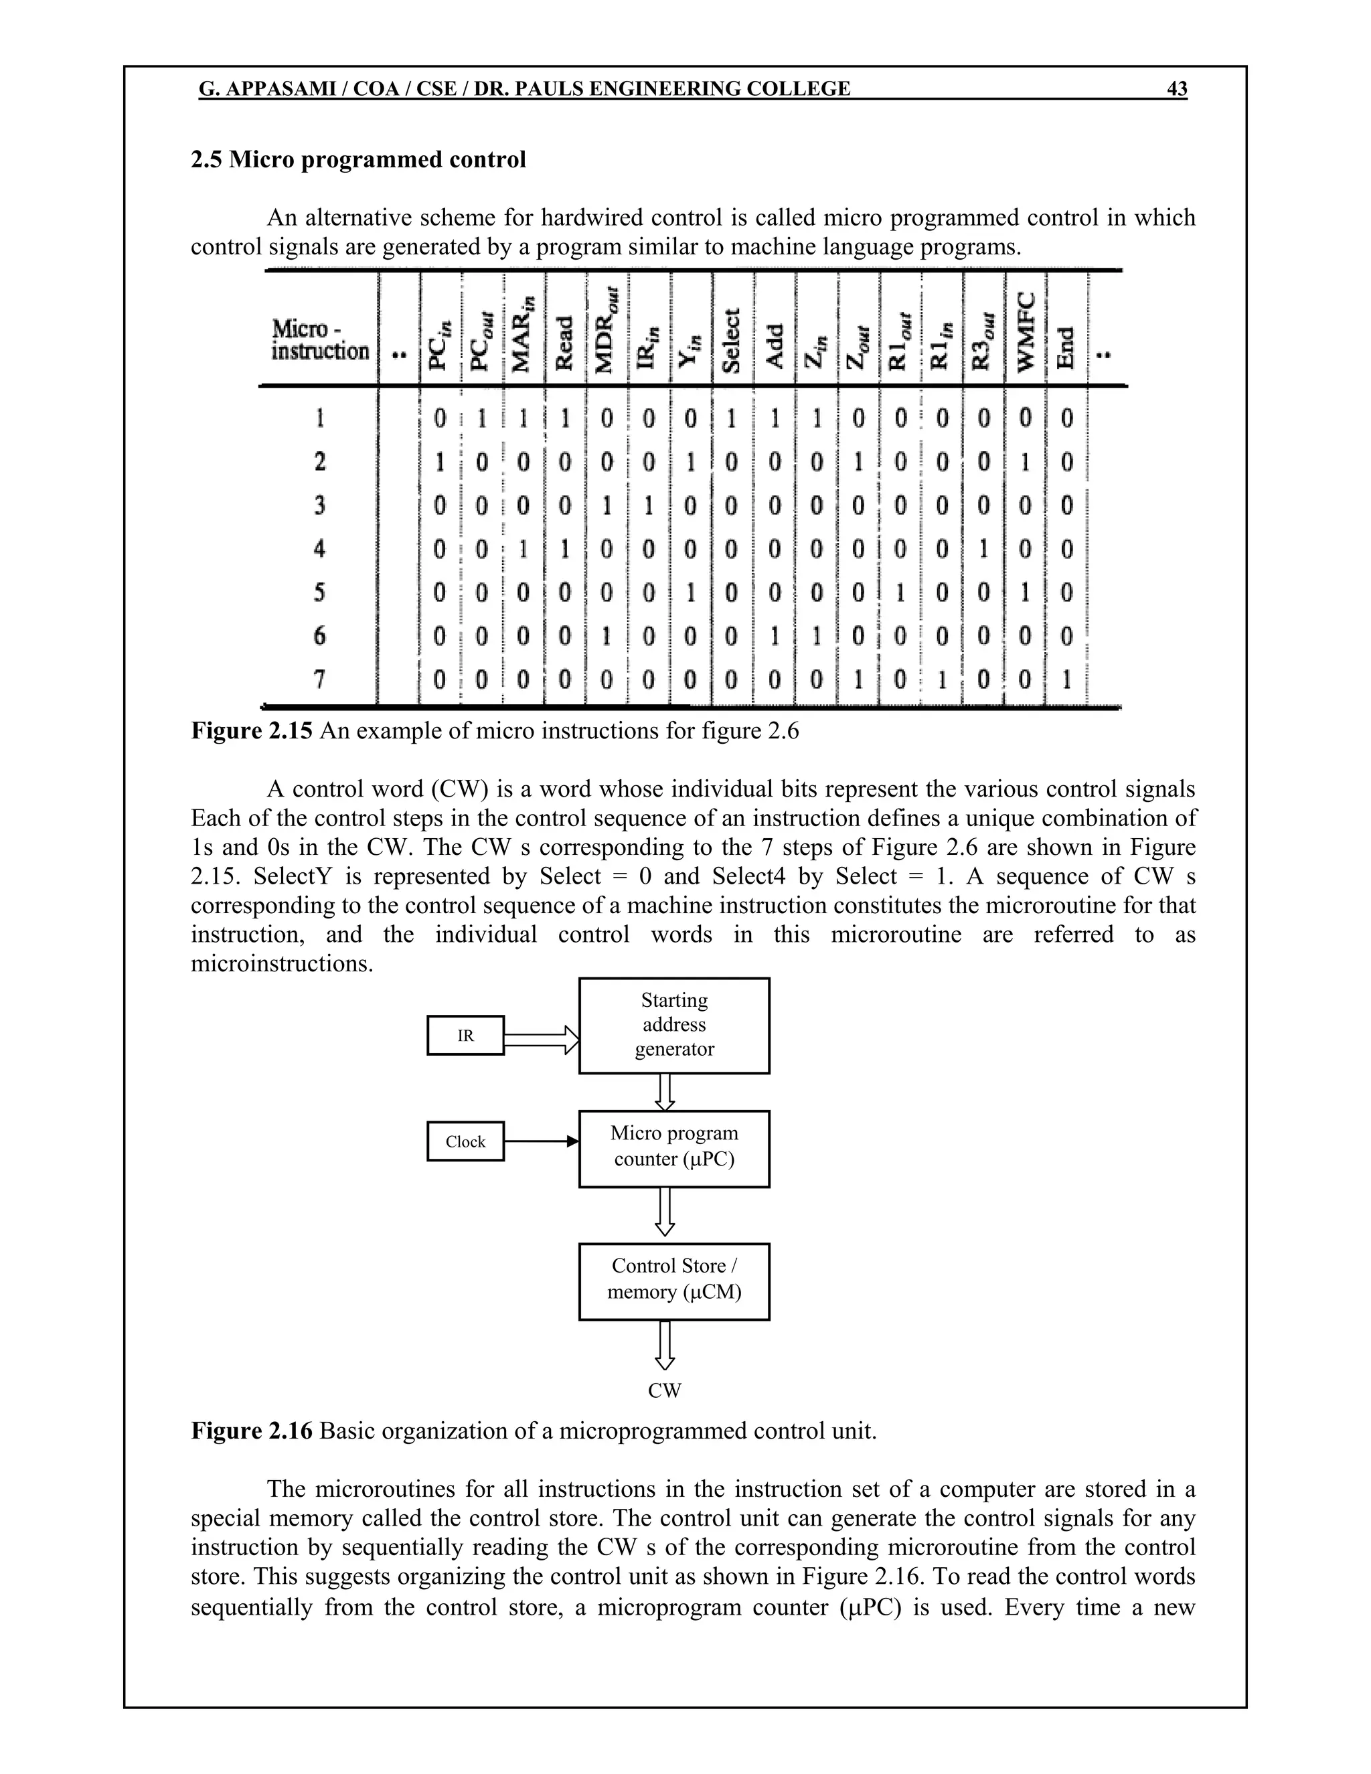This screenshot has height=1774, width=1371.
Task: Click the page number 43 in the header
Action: pyautogui.click(x=1176, y=88)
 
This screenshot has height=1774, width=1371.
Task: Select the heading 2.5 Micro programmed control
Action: pyautogui.click(x=358, y=159)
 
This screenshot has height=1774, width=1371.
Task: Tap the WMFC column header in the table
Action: pyautogui.click(x=1025, y=331)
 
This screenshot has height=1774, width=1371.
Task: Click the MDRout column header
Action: pyautogui.click(x=606, y=331)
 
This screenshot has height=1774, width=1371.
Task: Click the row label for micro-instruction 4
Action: pyautogui.click(x=319, y=548)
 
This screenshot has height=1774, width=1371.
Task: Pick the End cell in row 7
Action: pyautogui.click(x=1066, y=678)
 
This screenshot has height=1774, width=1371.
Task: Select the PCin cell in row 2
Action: pyautogui.click(x=439, y=462)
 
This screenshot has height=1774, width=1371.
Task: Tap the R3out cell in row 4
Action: pyautogui.click(x=983, y=548)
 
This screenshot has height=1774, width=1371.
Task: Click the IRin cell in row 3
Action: pyautogui.click(x=647, y=505)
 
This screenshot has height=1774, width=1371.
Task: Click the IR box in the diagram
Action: pyautogui.click(x=465, y=1036)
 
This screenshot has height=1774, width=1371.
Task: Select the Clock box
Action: pyautogui.click(x=465, y=1141)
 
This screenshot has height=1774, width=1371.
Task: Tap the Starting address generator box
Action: pyautogui.click(x=674, y=1025)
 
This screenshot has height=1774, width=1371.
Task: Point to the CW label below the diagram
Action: pyautogui.click(x=664, y=1390)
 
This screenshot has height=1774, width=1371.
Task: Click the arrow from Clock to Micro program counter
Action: pyautogui.click(x=540, y=1141)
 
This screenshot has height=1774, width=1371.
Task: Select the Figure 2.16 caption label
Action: pyautogui.click(x=251, y=1430)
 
